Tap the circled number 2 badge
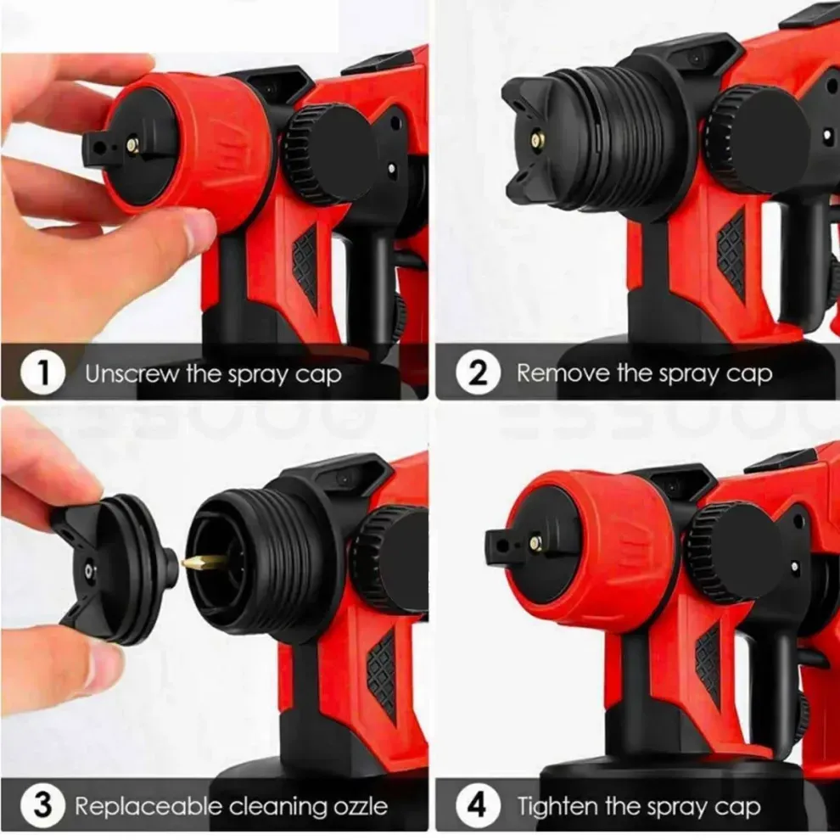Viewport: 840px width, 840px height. (x=479, y=373)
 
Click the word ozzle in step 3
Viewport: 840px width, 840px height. (x=358, y=805)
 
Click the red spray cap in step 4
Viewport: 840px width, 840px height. (x=594, y=543)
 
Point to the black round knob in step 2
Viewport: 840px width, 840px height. (x=751, y=136)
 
